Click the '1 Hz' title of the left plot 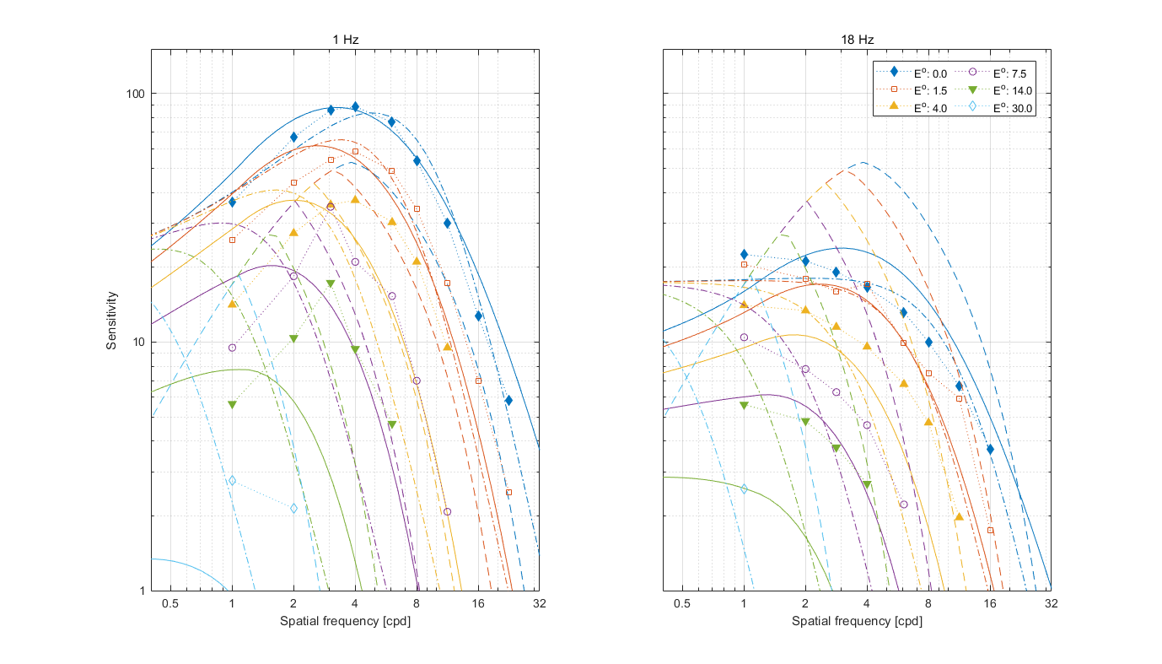point(345,40)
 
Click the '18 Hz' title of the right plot point(857,40)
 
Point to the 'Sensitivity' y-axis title point(111,321)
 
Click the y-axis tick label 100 point(135,94)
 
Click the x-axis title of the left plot point(345,621)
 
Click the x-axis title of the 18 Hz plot point(857,621)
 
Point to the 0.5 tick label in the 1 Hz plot point(170,604)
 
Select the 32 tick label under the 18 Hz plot point(1051,604)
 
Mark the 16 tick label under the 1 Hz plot point(478,604)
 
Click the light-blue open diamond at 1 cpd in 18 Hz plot point(744,489)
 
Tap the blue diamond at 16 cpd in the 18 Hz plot point(990,449)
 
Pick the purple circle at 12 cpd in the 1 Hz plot point(447,511)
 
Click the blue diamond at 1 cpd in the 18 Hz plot point(744,254)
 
